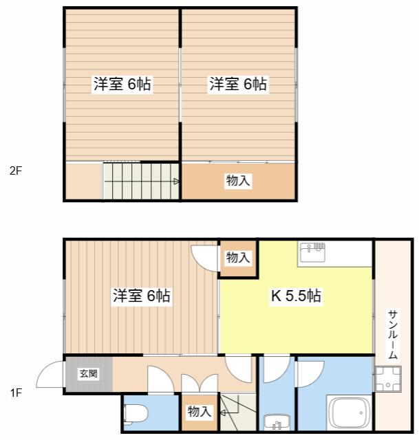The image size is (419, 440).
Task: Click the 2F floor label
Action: pos(15,170)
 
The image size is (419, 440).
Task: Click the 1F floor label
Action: pos(16,393)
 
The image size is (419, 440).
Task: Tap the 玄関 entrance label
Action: pos(89,373)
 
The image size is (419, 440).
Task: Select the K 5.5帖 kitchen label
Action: pos(296,296)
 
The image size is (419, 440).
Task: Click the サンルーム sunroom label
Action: pos(393,335)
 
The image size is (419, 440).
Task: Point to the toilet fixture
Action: pos(136,413)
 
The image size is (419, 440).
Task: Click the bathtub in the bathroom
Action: pos(349,412)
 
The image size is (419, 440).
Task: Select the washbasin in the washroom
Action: pos(277,421)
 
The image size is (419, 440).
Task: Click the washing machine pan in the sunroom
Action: pos(388,379)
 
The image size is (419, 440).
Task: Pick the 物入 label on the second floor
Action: pos(238,180)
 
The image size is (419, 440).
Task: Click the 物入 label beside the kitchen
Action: pos(238,257)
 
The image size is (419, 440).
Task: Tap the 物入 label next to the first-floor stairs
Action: pos(200,411)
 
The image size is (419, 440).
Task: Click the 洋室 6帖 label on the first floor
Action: pos(142,296)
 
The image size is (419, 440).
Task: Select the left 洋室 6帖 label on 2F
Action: pos(122,83)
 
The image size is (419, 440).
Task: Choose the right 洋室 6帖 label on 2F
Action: pos(238,83)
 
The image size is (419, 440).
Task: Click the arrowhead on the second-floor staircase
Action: pos(176,181)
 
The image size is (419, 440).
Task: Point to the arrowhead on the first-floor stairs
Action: pos(223,412)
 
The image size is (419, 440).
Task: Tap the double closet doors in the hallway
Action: pos(200,384)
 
